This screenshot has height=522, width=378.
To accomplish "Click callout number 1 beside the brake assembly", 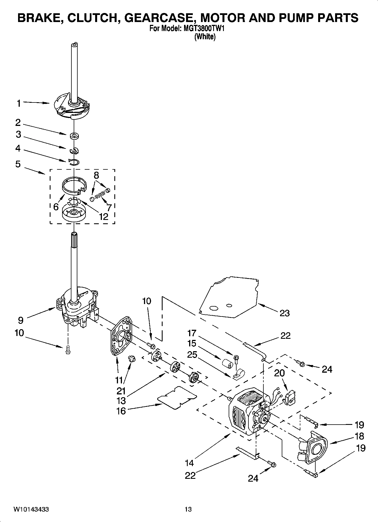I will pos(19,103).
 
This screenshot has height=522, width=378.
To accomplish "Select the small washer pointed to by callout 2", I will pos(75,136).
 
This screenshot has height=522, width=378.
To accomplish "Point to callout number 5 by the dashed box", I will pos(18,164).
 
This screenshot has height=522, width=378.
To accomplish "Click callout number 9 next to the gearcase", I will pos(21,320).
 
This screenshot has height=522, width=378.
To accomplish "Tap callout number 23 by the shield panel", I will pos(285,313).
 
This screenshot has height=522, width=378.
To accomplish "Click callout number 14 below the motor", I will pos(189,463).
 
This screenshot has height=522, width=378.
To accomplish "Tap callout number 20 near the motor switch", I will pos(279,373).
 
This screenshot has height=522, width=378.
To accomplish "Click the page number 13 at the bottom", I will pos(188,509).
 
